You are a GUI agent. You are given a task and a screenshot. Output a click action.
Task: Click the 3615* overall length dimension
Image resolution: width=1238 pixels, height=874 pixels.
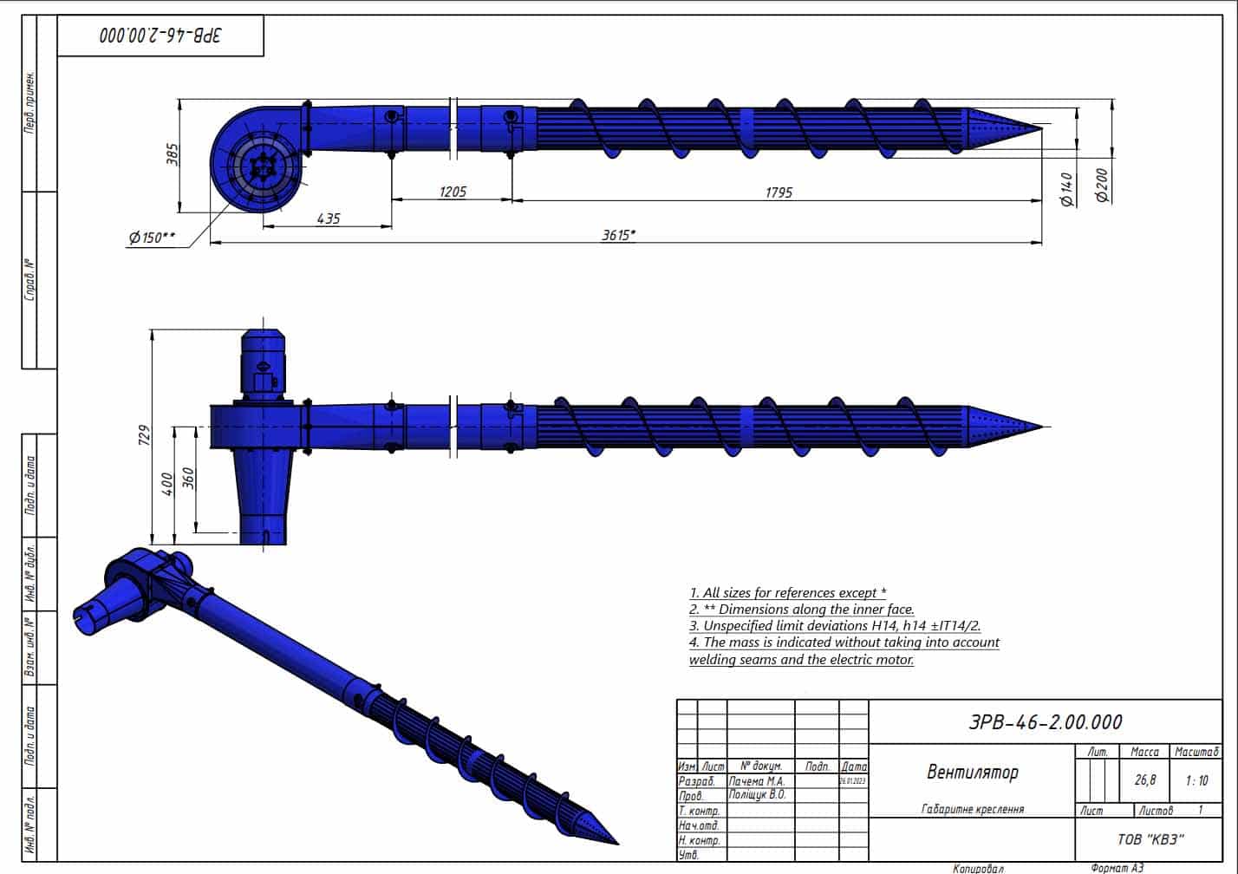coord(618,235)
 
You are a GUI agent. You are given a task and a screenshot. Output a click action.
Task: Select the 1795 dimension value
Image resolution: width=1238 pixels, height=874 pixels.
coord(778,192)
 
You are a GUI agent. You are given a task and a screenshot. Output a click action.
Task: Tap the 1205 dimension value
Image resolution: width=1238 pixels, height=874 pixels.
coord(452,192)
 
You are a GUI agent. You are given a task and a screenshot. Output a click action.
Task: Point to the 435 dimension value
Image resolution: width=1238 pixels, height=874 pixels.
coord(328,218)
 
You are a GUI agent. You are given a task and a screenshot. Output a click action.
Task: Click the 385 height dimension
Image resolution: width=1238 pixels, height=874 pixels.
coord(172,154)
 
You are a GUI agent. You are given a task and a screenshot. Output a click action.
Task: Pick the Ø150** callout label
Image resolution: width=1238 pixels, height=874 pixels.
coord(152,237)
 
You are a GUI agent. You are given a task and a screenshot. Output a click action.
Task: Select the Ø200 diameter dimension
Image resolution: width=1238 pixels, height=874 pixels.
coord(1102,186)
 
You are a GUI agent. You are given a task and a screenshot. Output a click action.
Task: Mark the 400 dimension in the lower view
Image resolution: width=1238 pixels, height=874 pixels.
coord(167,484)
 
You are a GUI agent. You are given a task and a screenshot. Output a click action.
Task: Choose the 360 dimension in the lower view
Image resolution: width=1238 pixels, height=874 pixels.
coord(188,479)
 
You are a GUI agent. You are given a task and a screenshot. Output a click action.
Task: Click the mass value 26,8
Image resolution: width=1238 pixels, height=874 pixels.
coord(1144,779)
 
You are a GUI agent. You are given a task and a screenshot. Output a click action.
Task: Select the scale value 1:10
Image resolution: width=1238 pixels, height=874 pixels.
coord(1196,779)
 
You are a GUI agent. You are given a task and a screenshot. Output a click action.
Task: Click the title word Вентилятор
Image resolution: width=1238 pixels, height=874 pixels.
coord(972,772)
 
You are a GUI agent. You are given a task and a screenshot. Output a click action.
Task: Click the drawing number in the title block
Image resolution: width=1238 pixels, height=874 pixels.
coord(1045,722)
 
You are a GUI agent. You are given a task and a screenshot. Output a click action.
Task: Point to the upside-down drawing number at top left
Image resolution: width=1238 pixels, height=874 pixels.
coord(160,36)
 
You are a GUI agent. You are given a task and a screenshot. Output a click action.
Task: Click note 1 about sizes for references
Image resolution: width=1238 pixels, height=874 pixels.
coord(787,593)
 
